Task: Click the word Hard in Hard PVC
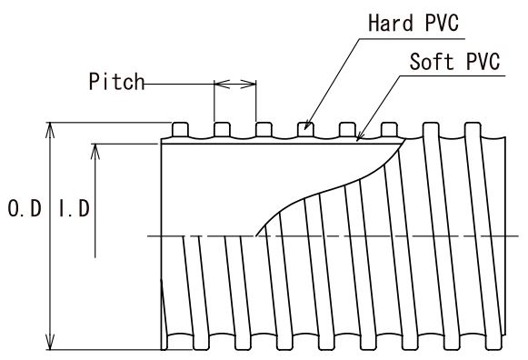pyautogui.click(x=391, y=23)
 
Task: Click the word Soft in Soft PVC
pyautogui.click(x=432, y=62)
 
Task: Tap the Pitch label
pyautogui.click(x=116, y=81)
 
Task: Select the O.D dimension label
pyautogui.click(x=25, y=208)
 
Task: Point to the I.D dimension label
pyautogui.click(x=75, y=208)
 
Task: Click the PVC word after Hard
pyautogui.click(x=442, y=23)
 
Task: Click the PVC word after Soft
pyautogui.click(x=483, y=62)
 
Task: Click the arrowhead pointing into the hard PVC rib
pyautogui.click(x=307, y=125)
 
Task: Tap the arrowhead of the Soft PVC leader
pyautogui.click(x=359, y=136)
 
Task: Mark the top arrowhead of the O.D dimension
pyautogui.click(x=50, y=130)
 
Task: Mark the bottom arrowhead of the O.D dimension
pyautogui.click(x=50, y=342)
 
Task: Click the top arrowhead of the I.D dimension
pyautogui.click(x=95, y=151)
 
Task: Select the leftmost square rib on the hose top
pyautogui.click(x=180, y=130)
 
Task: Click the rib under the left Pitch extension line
pyautogui.click(x=222, y=130)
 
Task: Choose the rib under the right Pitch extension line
pyautogui.click(x=264, y=130)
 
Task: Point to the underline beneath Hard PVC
pyautogui.click(x=412, y=39)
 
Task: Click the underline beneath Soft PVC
pyautogui.click(x=453, y=75)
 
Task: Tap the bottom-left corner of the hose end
pyautogui.click(x=162, y=350)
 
